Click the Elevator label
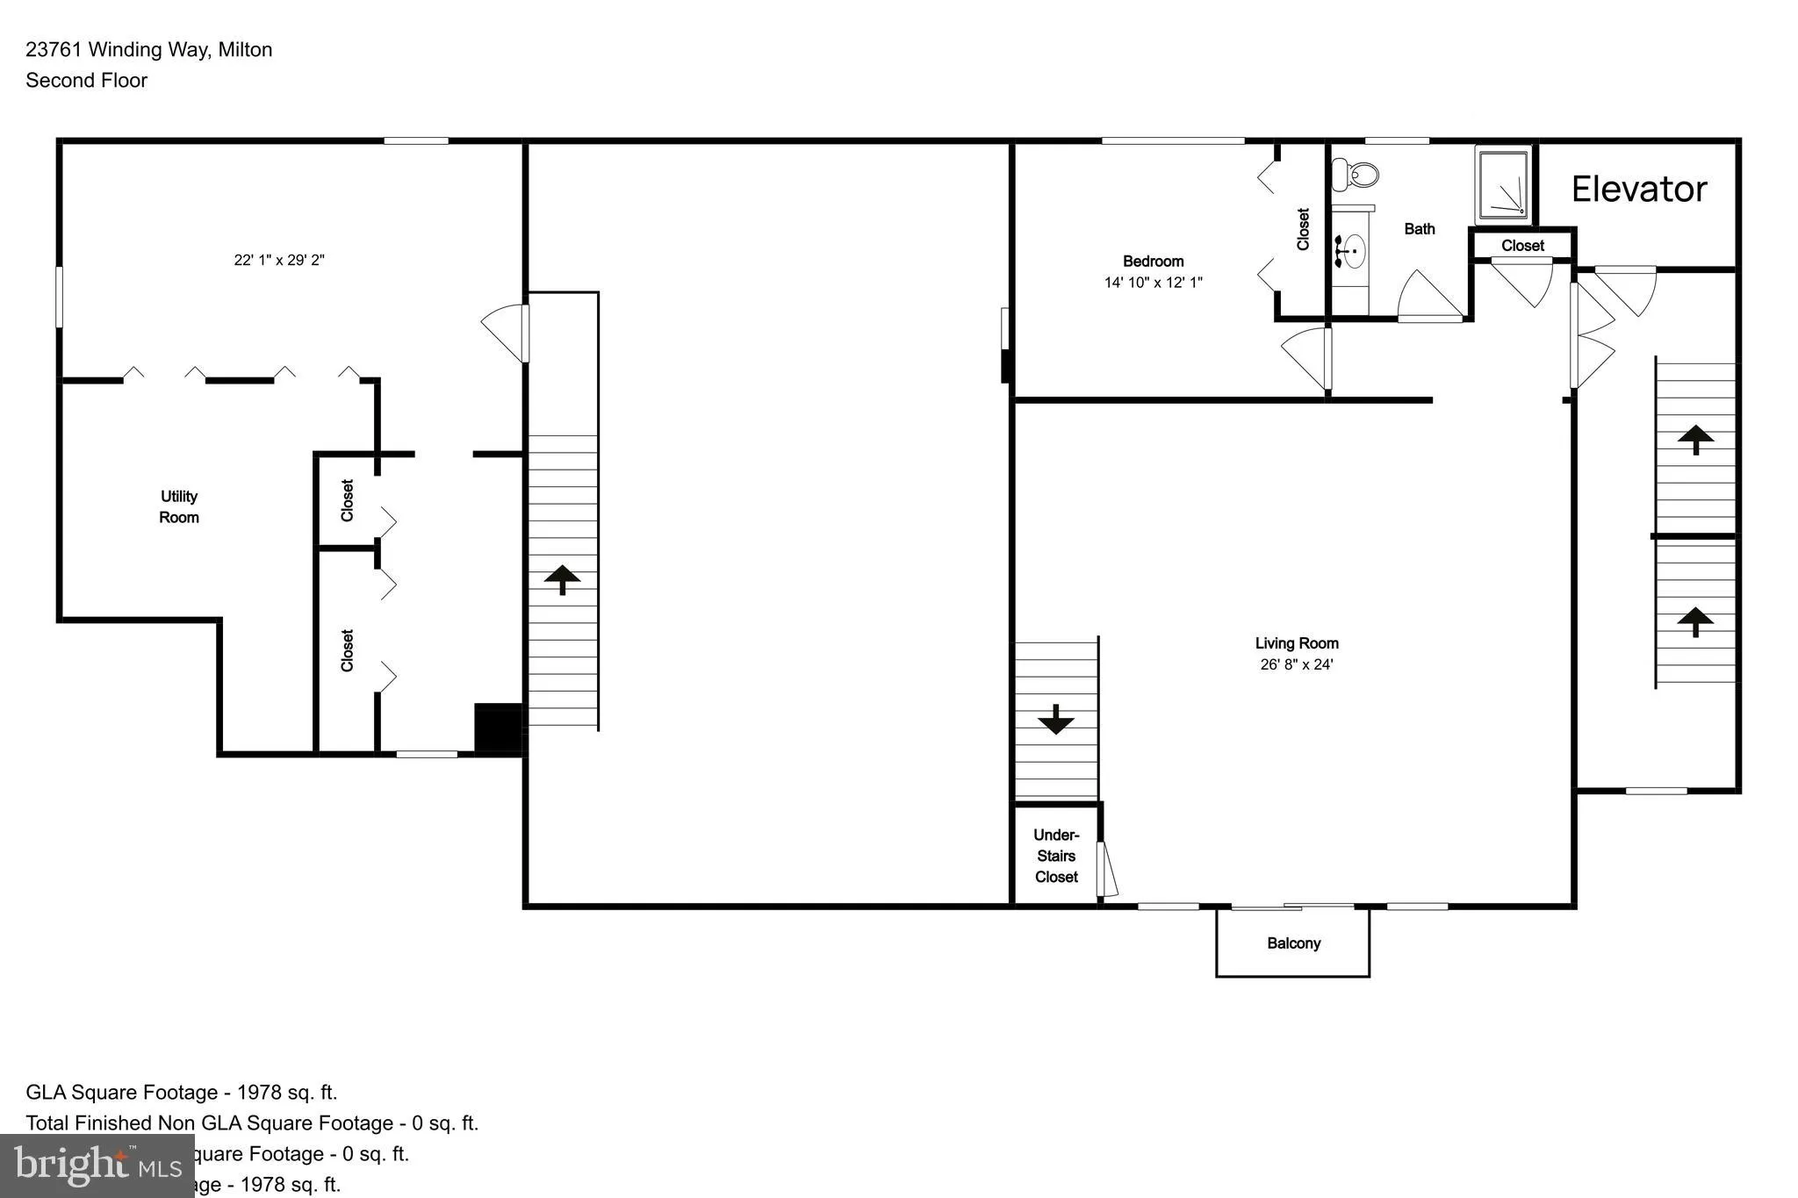(1638, 190)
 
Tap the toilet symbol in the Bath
(1356, 175)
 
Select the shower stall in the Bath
(1505, 186)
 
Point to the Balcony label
(1293, 943)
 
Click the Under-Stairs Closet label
(1056, 856)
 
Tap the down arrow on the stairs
(1055, 720)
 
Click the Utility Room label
(179, 507)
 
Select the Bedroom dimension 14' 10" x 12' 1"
(1153, 283)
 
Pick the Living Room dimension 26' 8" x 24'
(1297, 664)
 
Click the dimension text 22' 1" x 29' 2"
(279, 260)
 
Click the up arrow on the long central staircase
(562, 579)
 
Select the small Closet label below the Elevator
(1522, 246)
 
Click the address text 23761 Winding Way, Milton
(149, 50)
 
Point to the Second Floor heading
(86, 81)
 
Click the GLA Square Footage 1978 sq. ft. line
(182, 1093)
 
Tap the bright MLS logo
(97, 1166)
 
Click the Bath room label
(1420, 229)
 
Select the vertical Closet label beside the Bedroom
(1303, 229)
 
